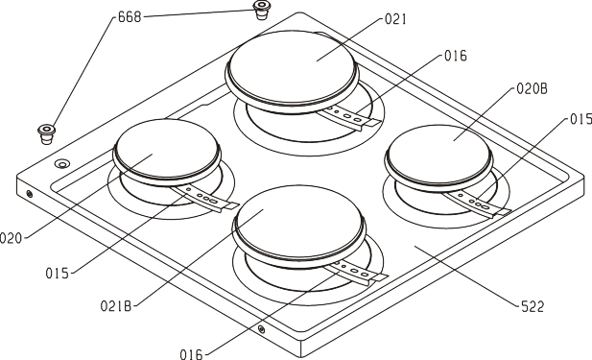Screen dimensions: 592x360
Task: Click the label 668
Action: [130, 17]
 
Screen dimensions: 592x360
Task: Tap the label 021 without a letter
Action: [395, 19]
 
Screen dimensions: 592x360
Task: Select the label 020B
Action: [532, 88]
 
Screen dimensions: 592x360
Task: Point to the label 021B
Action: [116, 305]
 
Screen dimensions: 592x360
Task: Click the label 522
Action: [533, 307]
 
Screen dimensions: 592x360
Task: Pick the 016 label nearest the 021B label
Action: [191, 354]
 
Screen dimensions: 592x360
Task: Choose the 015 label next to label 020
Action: [58, 273]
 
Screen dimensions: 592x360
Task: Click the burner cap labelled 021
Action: [293, 71]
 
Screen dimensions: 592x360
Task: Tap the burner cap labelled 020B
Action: [438, 156]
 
